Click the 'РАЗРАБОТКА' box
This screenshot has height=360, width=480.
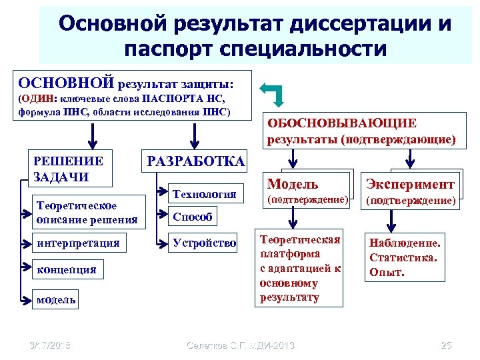(195, 161)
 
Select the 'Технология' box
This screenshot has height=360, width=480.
(205, 194)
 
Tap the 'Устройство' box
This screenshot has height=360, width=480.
(205, 243)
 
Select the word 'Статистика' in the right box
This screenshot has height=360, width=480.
(406, 258)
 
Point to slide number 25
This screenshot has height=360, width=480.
(446, 345)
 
